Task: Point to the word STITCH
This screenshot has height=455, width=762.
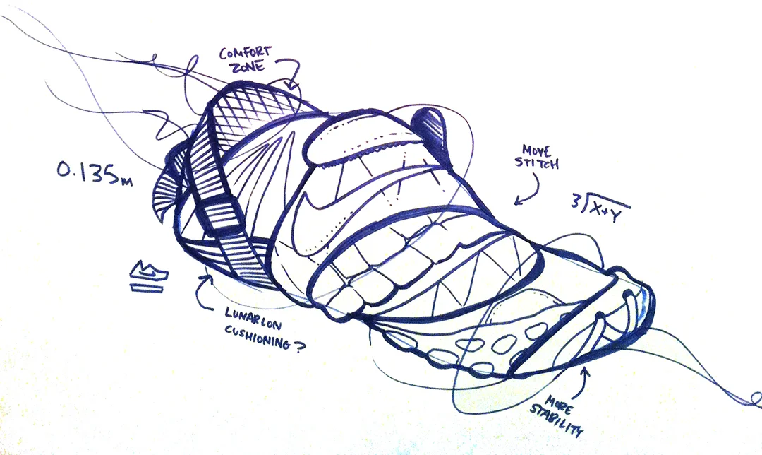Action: point(538,165)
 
